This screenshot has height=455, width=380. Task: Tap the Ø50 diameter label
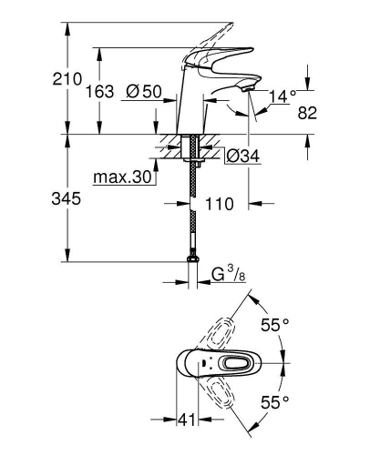click(x=144, y=91)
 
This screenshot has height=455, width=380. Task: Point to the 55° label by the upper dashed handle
click(x=275, y=325)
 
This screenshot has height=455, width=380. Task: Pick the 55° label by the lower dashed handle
click(x=275, y=400)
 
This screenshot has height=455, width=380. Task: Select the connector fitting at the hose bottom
click(x=192, y=265)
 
